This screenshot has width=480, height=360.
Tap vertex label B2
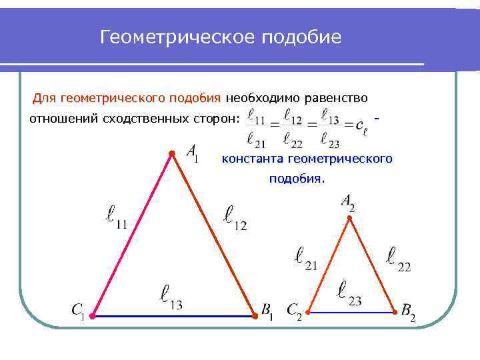pyautogui.click(x=408, y=311)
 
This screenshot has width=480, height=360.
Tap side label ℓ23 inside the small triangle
pyautogui.click(x=349, y=293)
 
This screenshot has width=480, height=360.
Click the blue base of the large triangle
pyautogui.click(x=173, y=315)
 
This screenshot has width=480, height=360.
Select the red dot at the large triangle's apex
pyautogui.click(x=171, y=154)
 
